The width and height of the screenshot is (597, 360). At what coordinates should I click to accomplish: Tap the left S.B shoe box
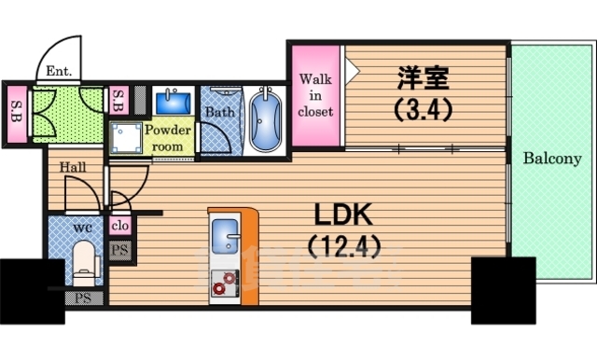pos(18,110)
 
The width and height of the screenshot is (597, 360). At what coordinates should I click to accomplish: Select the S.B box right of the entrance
pos(118,99)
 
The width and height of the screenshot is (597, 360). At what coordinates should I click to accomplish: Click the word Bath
pos(220,112)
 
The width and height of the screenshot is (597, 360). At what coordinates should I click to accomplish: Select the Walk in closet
pos(315,96)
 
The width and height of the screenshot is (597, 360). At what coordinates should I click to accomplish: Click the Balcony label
pos(551,159)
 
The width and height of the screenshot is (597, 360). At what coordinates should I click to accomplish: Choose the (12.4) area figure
pos(341,249)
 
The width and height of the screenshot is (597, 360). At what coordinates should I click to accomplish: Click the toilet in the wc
pos(85,260)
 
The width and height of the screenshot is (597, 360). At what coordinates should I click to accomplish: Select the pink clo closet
pos(119,225)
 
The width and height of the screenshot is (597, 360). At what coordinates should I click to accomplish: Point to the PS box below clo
pos(119,249)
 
